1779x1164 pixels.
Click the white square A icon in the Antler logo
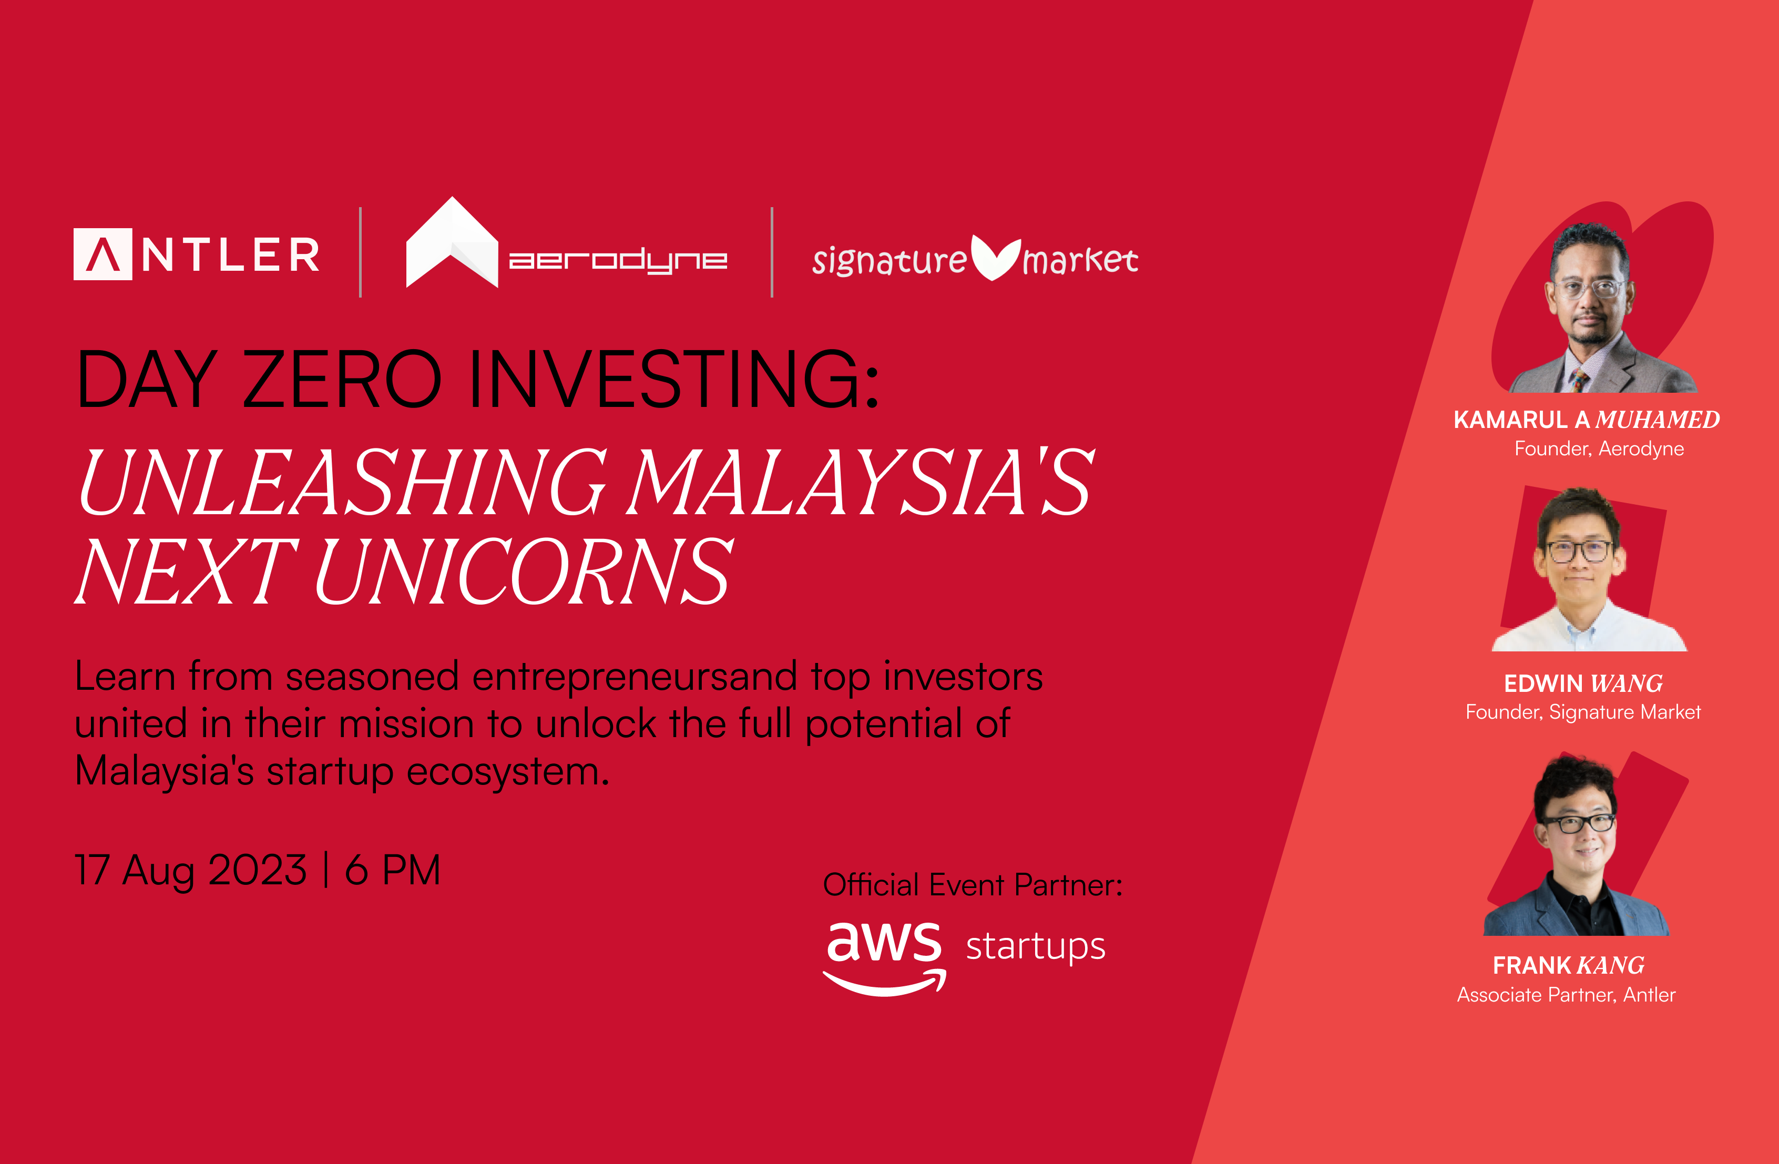[103, 254]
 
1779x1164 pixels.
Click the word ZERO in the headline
[342, 379]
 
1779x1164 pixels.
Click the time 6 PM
[392, 870]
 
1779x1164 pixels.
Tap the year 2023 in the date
[257, 870]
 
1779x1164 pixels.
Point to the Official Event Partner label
[973, 885]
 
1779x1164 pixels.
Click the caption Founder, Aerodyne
[1599, 448]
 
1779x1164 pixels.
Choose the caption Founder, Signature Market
[1583, 712]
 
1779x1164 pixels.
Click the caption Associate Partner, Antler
[1566, 994]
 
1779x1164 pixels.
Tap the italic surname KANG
[1610, 965]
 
